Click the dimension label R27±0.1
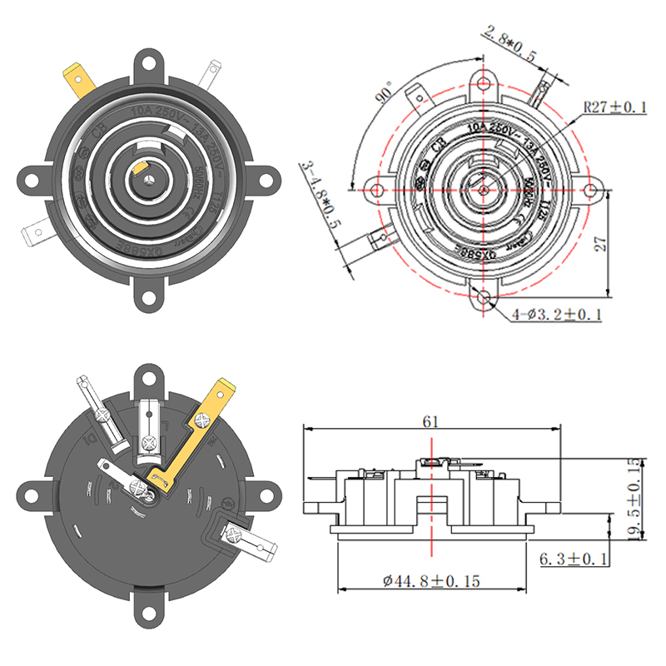coord(614,107)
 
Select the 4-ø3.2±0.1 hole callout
coord(557,314)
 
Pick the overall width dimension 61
coord(430,421)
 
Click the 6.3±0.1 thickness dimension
coord(574,558)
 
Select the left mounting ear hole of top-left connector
coord(32,177)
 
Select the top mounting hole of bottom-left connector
coord(149,379)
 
